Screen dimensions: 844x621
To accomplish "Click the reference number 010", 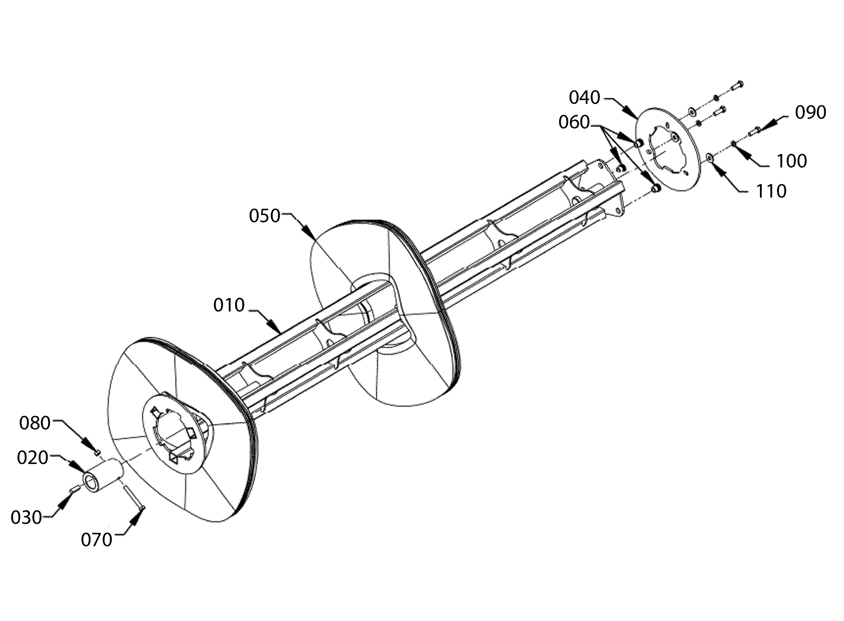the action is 229,305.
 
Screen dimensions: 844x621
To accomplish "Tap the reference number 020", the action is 33,458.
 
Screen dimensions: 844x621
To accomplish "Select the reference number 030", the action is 26,518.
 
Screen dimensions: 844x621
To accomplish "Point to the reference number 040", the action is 584,97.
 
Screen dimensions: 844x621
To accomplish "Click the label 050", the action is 265,216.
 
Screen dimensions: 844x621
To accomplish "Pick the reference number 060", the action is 574,122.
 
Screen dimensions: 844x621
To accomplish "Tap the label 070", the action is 97,540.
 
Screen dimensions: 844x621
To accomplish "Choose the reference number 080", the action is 35,423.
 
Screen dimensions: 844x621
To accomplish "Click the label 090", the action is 811,112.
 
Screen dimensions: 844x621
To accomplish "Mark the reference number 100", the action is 792,161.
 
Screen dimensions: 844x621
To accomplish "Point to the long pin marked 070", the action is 134,498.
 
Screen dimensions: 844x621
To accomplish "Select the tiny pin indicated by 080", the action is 97,452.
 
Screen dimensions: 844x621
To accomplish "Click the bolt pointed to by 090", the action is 754,131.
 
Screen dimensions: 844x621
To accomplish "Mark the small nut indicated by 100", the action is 733,143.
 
